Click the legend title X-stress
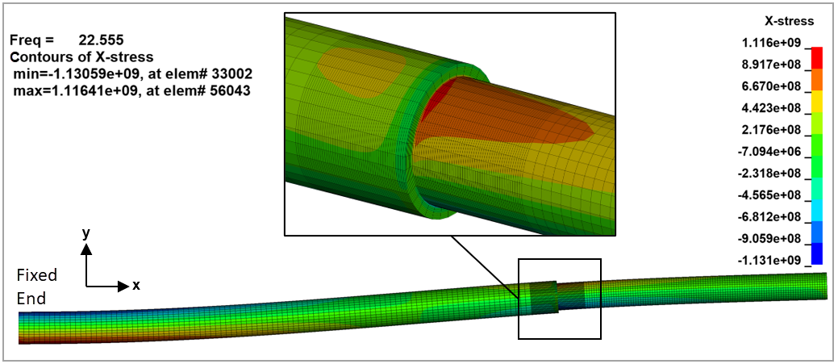[x=789, y=21]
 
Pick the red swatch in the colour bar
[x=816, y=56]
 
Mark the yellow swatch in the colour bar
[x=816, y=100]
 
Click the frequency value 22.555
[x=100, y=40]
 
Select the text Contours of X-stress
[x=81, y=57]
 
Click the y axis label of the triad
[x=85, y=232]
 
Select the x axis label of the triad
[x=136, y=285]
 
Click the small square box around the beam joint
[x=559, y=260]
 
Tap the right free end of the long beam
[x=824, y=286]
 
